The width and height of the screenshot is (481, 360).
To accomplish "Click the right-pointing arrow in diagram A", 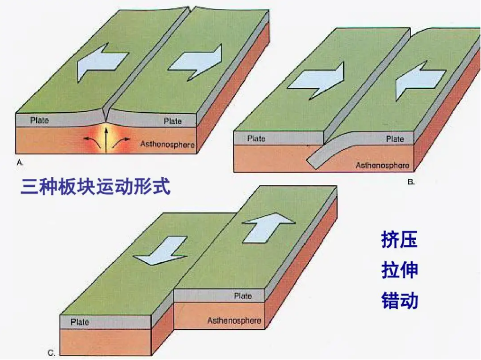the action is [194, 60].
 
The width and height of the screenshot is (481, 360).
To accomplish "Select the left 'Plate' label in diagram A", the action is [40, 120].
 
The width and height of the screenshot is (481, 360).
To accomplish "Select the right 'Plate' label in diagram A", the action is [172, 121].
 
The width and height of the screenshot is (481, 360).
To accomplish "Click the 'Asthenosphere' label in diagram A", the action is [167, 145].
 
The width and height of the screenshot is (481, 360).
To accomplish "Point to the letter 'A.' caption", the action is [20, 162].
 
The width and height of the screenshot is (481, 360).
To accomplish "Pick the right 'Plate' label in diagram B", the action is [395, 138].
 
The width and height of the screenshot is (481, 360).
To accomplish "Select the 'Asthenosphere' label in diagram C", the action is [234, 320].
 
